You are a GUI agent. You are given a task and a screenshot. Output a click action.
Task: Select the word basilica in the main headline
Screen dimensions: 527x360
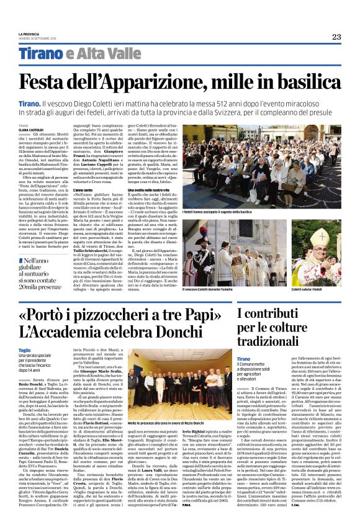pyautogui.click(x=297, y=82)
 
